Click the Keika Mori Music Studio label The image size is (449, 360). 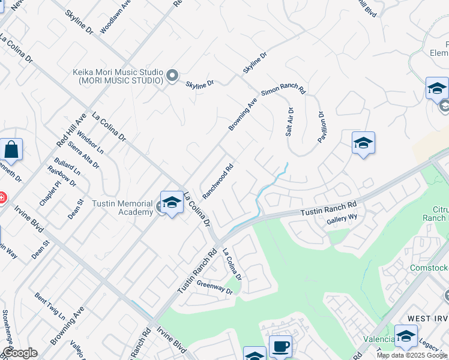point(118,76)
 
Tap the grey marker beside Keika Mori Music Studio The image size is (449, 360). point(172,75)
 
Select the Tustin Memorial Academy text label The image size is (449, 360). point(122,208)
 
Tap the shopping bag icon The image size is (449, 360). point(11,149)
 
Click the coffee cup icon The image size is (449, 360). point(280,346)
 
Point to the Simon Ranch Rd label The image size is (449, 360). point(283,90)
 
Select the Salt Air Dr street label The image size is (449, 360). point(289,122)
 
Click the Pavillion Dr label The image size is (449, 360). point(321,127)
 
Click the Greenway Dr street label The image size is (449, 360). point(214,287)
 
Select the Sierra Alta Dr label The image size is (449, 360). point(83,154)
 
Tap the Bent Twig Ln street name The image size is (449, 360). point(50,305)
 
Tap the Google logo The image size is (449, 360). point(20,353)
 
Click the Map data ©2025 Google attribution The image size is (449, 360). point(412,355)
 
